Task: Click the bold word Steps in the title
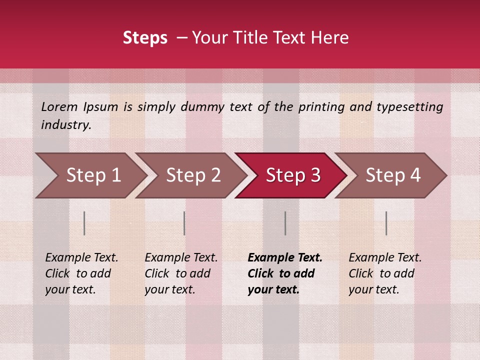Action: click(145, 38)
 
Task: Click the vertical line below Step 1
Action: click(84, 223)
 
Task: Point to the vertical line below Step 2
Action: click(184, 223)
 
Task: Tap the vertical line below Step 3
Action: click(285, 223)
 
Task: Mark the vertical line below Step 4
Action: click(386, 223)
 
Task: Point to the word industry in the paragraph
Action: click(65, 124)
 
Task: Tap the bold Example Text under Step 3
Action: click(285, 257)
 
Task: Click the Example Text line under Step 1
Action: click(81, 257)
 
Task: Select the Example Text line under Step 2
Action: click(181, 257)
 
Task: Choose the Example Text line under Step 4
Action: click(385, 257)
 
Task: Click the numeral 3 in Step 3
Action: click(315, 175)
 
